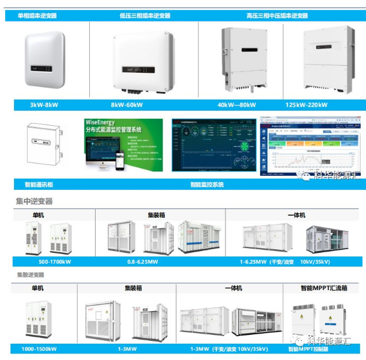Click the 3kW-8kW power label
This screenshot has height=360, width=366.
pos(44,105)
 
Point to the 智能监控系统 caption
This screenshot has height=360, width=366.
pos(206,185)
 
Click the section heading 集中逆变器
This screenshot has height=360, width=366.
pos(34,201)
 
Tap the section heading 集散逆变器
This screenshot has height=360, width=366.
pos(30,274)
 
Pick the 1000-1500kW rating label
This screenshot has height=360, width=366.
pos(41,349)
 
